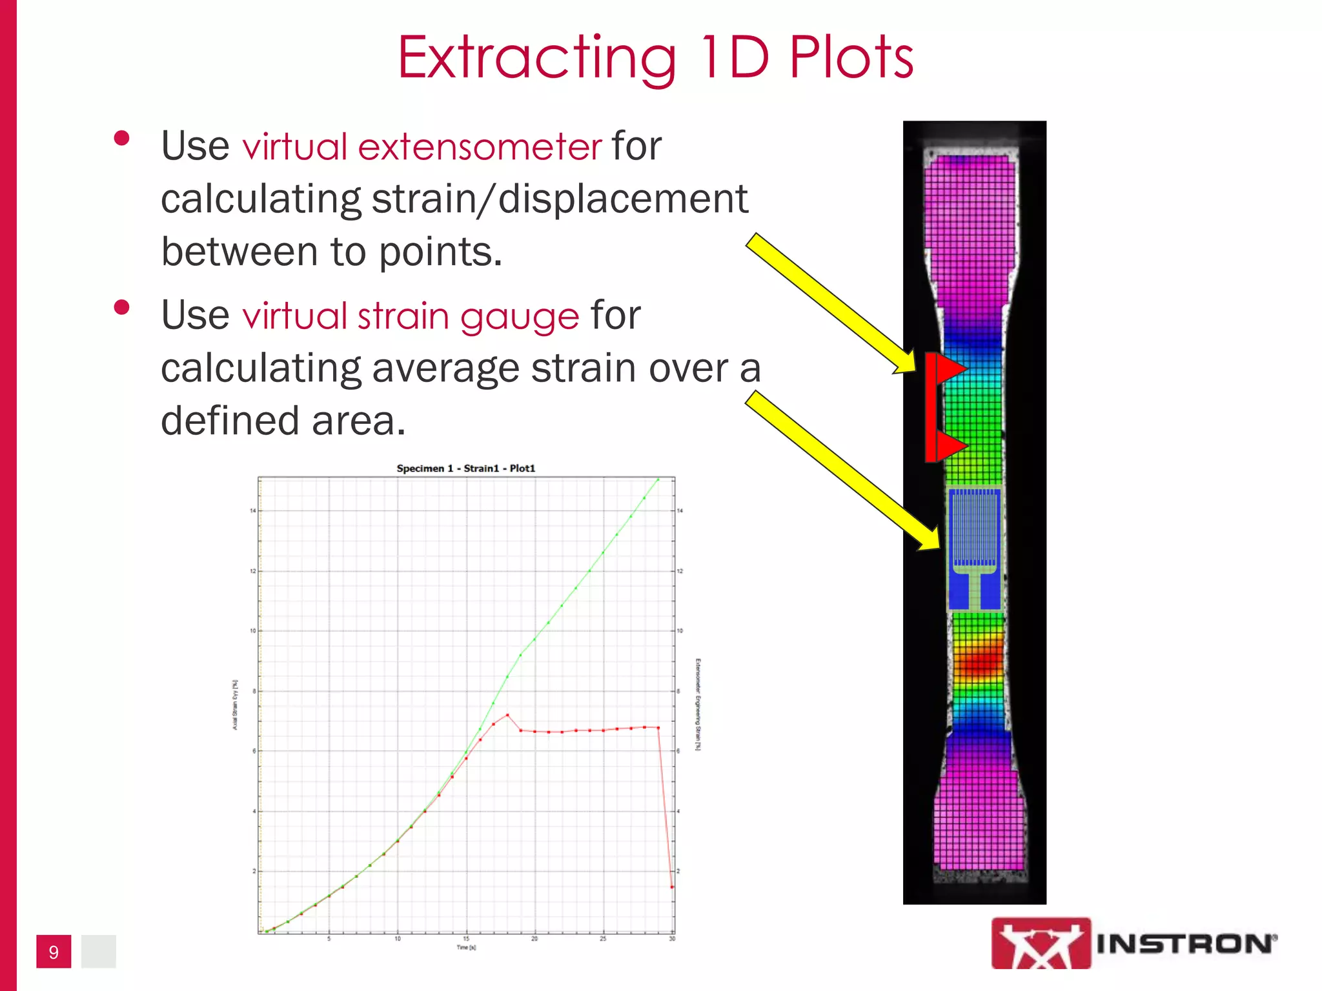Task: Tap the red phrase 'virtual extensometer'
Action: pyautogui.click(x=422, y=146)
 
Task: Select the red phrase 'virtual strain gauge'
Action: pyautogui.click(x=411, y=316)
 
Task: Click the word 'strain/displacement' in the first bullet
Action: pyautogui.click(x=560, y=199)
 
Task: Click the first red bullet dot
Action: pyautogui.click(x=121, y=139)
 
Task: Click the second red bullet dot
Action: pyautogui.click(x=121, y=308)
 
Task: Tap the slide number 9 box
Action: pyautogui.click(x=54, y=952)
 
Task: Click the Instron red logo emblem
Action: pyautogui.click(x=1041, y=943)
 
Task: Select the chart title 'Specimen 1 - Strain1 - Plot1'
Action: pyautogui.click(x=465, y=468)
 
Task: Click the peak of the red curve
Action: pyautogui.click(x=507, y=715)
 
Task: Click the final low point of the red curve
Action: pyautogui.click(x=672, y=887)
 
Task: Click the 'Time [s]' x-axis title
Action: pyautogui.click(x=466, y=947)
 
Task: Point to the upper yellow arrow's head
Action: pyautogui.click(x=907, y=365)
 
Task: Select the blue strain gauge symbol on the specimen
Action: pyautogui.click(x=975, y=548)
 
